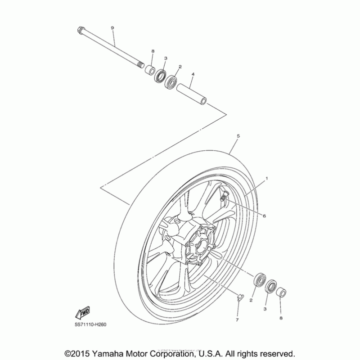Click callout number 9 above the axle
112,28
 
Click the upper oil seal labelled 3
160,76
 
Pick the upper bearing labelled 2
172,82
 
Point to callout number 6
264,216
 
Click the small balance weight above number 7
240,297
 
